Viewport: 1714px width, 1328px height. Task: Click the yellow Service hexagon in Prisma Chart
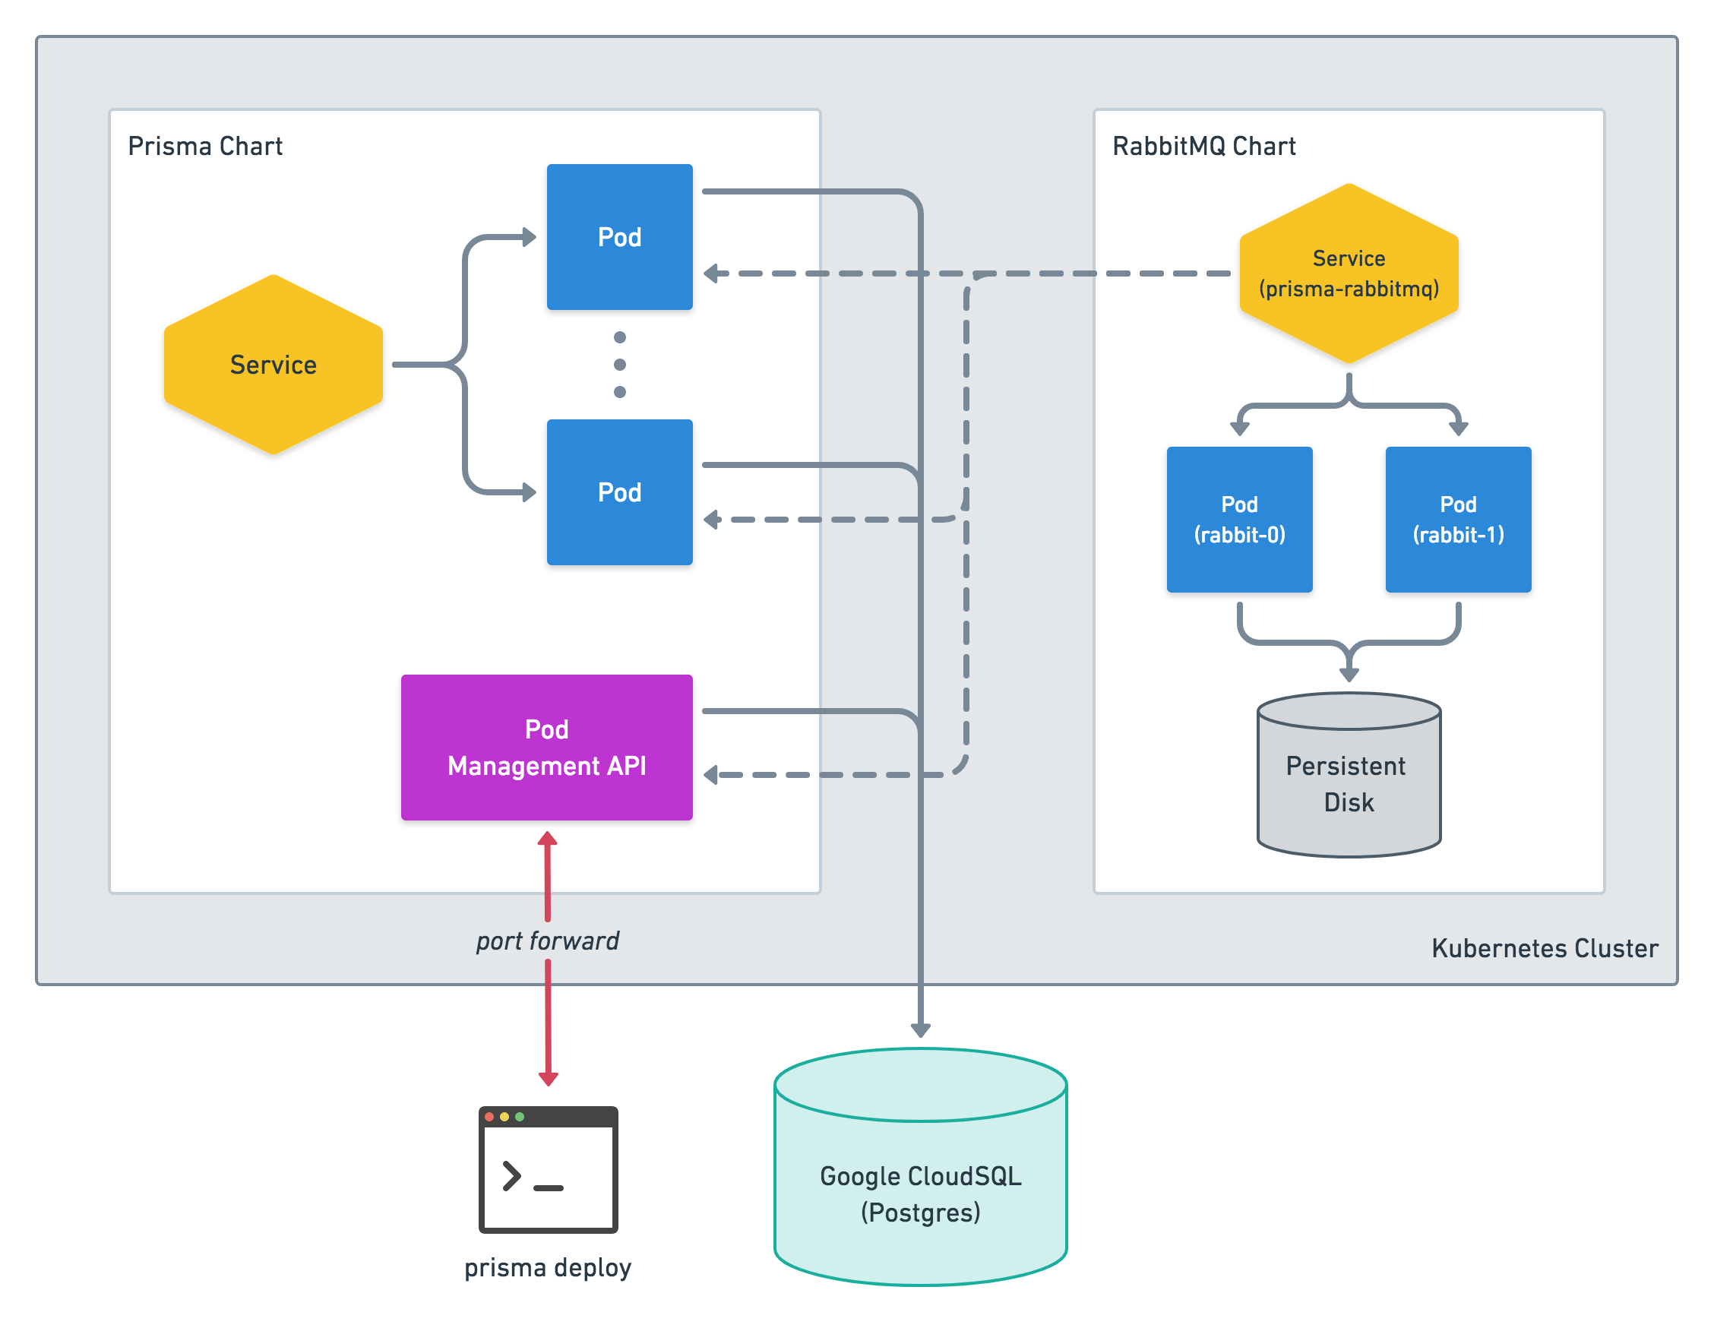pyautogui.click(x=273, y=364)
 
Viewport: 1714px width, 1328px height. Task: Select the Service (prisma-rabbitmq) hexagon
pyautogui.click(x=1349, y=274)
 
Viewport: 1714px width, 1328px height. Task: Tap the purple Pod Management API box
pyautogui.click(x=547, y=748)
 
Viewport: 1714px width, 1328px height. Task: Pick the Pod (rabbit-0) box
pyautogui.click(x=1239, y=520)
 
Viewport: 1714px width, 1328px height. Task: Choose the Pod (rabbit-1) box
pyautogui.click(x=1458, y=520)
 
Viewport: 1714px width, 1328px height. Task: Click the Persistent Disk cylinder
pyautogui.click(x=1349, y=775)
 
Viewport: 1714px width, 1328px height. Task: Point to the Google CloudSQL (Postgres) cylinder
pyautogui.click(x=921, y=1166)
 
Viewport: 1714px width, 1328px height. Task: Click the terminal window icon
pyautogui.click(x=549, y=1169)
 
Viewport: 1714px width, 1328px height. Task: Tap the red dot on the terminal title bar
pyautogui.click(x=490, y=1116)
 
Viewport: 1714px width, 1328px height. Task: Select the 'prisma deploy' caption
pyautogui.click(x=548, y=1267)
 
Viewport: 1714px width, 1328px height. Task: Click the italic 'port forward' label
pyautogui.click(x=548, y=941)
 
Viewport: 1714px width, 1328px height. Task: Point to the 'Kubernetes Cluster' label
pyautogui.click(x=1545, y=948)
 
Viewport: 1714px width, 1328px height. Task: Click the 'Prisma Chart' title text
pyautogui.click(x=205, y=146)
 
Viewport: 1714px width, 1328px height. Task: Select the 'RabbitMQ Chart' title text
pyautogui.click(x=1204, y=146)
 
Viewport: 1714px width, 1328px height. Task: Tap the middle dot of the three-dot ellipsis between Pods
pyautogui.click(x=620, y=364)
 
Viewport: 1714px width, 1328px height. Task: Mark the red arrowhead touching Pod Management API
pyautogui.click(x=548, y=839)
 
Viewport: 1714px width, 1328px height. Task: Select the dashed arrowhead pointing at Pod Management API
pyautogui.click(x=711, y=775)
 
